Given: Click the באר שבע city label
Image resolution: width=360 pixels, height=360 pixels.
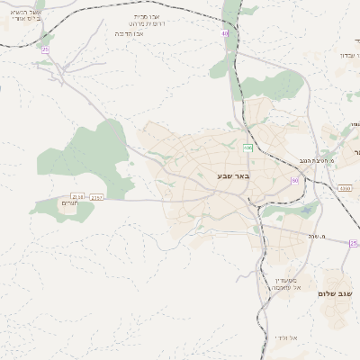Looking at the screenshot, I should click(232, 175).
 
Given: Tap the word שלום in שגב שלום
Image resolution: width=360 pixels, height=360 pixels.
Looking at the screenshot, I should click(330, 293).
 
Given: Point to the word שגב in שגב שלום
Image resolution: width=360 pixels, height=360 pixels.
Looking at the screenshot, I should click(349, 293).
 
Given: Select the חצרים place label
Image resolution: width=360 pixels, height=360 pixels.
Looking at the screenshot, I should click(71, 204).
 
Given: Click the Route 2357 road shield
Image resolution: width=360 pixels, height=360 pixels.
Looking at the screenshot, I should click(97, 196).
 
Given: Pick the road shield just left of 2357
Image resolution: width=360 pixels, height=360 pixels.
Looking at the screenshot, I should click(77, 196).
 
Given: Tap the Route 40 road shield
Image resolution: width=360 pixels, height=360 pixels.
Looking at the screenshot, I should click(225, 34).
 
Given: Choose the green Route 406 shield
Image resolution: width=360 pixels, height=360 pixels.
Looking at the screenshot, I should click(247, 148).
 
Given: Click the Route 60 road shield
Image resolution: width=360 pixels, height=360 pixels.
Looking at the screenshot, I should click(294, 181).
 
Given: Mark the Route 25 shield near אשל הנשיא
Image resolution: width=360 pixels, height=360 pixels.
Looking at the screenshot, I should click(45, 49).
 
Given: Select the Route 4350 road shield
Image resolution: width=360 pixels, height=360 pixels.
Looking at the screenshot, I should click(345, 188).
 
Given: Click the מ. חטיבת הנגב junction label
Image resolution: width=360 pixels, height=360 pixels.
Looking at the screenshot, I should click(319, 161).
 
